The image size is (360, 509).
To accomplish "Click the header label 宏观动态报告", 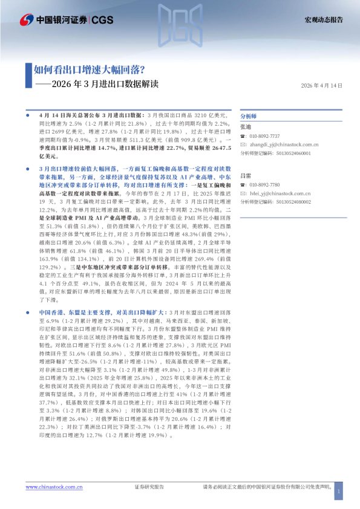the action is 323,20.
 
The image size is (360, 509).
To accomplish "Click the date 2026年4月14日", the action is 321,86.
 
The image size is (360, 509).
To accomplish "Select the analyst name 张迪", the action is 245,127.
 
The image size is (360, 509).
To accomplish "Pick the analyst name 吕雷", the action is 245,175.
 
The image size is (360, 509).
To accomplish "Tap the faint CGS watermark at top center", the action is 180,21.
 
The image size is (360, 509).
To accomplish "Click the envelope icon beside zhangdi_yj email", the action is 243,145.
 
